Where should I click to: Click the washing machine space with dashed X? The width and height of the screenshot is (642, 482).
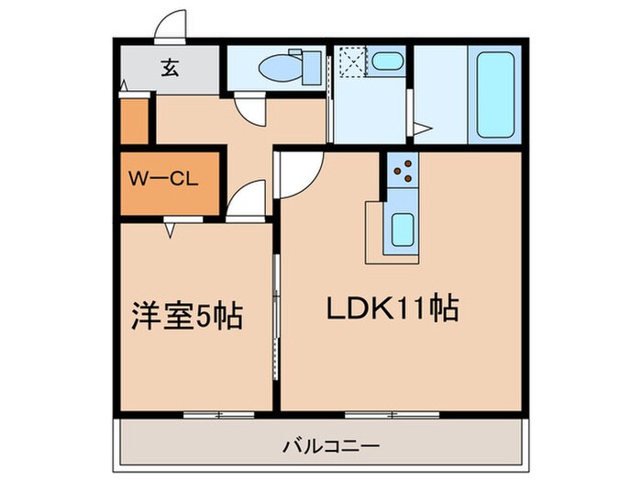click(352, 62)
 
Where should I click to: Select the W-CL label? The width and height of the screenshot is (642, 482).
click(166, 180)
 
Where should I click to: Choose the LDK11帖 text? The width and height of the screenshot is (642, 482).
click(393, 308)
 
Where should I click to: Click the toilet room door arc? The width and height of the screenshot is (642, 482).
click(249, 110)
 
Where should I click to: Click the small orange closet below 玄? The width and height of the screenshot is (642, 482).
click(134, 118)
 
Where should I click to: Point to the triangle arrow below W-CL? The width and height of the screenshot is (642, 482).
click(171, 231)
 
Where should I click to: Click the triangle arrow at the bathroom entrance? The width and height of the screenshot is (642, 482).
click(422, 129)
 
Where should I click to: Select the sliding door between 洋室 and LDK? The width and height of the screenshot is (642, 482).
click(275, 312)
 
